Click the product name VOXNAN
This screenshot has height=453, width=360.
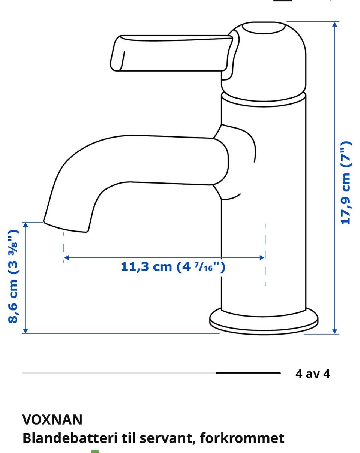(52, 420)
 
